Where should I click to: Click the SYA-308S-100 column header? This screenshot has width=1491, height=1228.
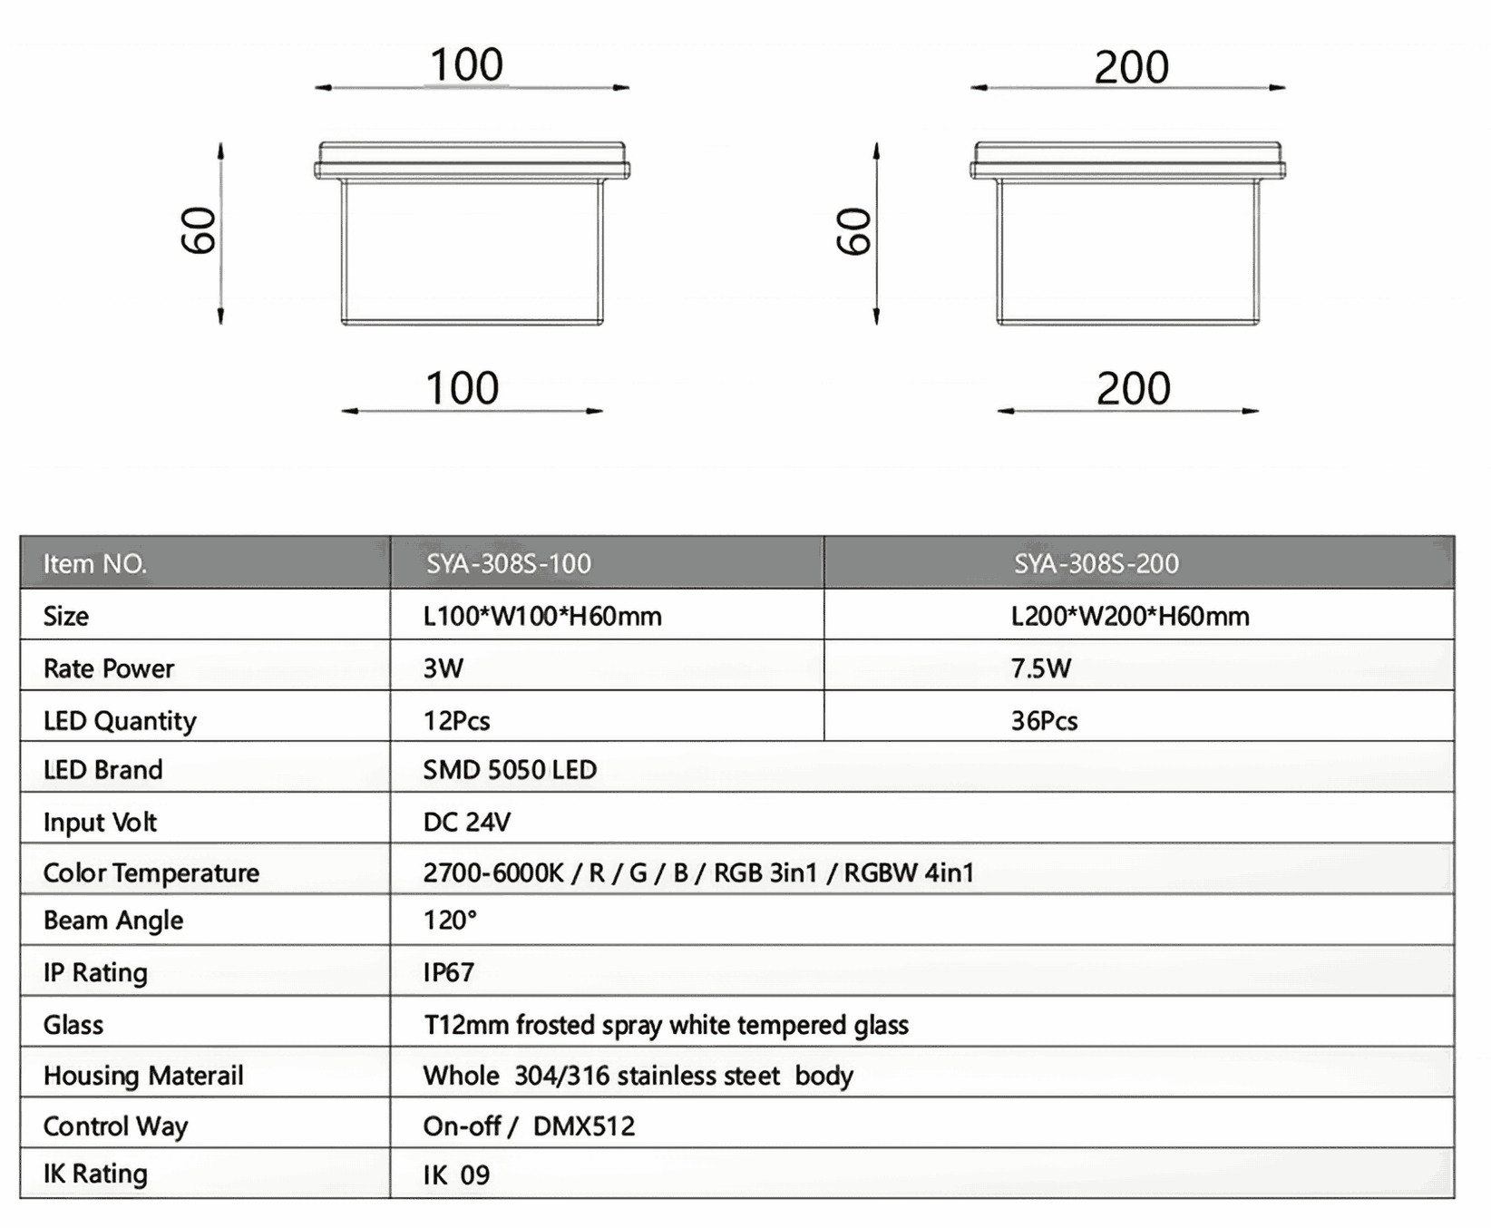click(509, 564)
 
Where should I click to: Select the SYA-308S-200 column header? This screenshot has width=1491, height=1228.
click(1096, 564)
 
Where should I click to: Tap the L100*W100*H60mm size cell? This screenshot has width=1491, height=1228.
click(542, 617)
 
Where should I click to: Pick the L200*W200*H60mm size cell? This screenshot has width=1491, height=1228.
click(1129, 617)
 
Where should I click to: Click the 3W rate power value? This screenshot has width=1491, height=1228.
click(443, 668)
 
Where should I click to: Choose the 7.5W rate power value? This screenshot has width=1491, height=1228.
click(1040, 668)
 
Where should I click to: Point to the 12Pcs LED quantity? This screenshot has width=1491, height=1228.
click(456, 721)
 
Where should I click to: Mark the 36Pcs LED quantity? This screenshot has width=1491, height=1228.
click(1044, 721)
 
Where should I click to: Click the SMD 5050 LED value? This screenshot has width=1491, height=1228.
click(510, 770)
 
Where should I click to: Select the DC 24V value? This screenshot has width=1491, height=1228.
click(466, 822)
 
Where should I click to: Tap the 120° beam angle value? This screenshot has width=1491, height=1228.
click(450, 921)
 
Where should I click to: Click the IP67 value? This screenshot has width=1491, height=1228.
click(448, 972)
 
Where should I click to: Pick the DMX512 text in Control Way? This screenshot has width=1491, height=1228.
click(584, 1126)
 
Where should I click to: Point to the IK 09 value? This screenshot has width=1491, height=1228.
click(456, 1175)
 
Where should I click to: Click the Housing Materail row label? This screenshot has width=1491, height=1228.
click(143, 1076)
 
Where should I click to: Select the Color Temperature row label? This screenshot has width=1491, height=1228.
click(151, 872)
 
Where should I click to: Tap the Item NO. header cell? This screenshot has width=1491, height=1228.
click(94, 564)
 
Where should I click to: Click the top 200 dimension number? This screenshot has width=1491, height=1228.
click(1131, 67)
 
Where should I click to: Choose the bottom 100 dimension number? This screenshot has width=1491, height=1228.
click(463, 388)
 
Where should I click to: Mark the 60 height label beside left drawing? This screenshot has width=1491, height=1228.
click(199, 230)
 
